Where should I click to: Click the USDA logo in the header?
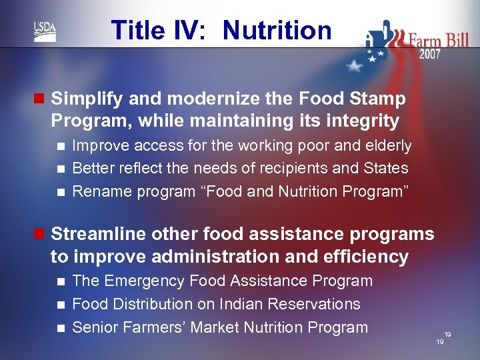(x=45, y=31)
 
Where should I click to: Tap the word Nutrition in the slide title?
(x=277, y=31)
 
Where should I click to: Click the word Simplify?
(x=87, y=99)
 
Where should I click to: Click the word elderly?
(x=387, y=146)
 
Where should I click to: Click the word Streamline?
(x=99, y=235)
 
